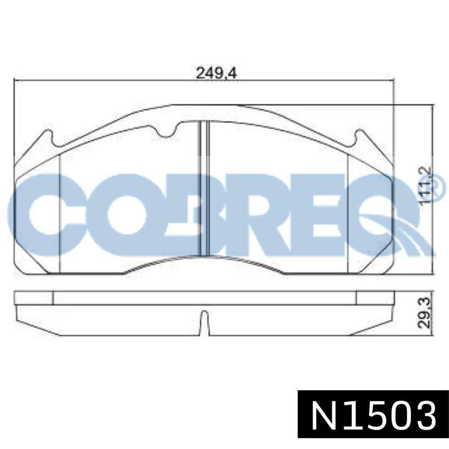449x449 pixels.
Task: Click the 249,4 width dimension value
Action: [x=216, y=74]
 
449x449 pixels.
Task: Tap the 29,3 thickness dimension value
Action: [x=424, y=313]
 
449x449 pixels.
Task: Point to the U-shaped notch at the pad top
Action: [x=167, y=131]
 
